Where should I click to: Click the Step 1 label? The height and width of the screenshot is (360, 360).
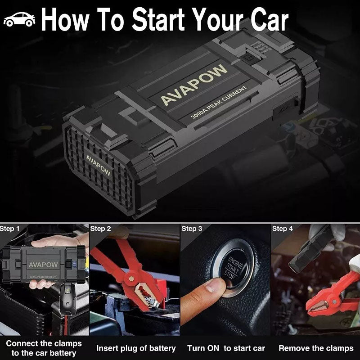pyautogui.click(x=10, y=229)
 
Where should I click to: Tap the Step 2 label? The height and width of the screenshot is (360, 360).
pyautogui.click(x=100, y=229)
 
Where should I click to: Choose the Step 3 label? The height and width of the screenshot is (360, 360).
pyautogui.click(x=192, y=229)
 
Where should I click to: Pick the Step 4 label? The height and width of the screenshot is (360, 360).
pyautogui.click(x=282, y=229)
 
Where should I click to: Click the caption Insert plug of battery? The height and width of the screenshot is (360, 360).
pyautogui.click(x=136, y=348)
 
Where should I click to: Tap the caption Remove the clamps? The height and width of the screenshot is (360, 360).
pyautogui.click(x=316, y=348)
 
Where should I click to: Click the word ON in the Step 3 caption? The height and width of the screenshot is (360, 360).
pyautogui.click(x=213, y=348)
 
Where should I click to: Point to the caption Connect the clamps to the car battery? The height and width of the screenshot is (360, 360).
pyautogui.click(x=44, y=348)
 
